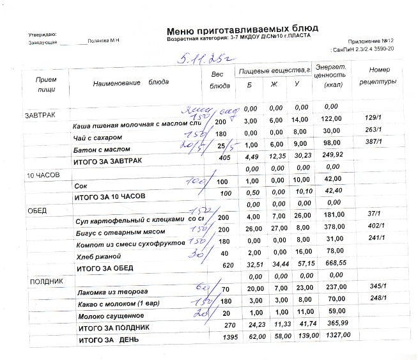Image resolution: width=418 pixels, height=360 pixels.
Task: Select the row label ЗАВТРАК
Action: (39, 116)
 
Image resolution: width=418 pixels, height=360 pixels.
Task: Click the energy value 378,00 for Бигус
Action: (331, 228)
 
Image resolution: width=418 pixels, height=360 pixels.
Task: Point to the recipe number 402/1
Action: (374, 227)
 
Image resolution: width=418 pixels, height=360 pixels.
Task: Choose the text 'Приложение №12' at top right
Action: (371, 40)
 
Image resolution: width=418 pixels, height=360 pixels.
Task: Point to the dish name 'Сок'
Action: (81, 185)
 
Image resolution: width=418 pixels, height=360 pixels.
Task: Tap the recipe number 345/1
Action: (376, 288)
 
